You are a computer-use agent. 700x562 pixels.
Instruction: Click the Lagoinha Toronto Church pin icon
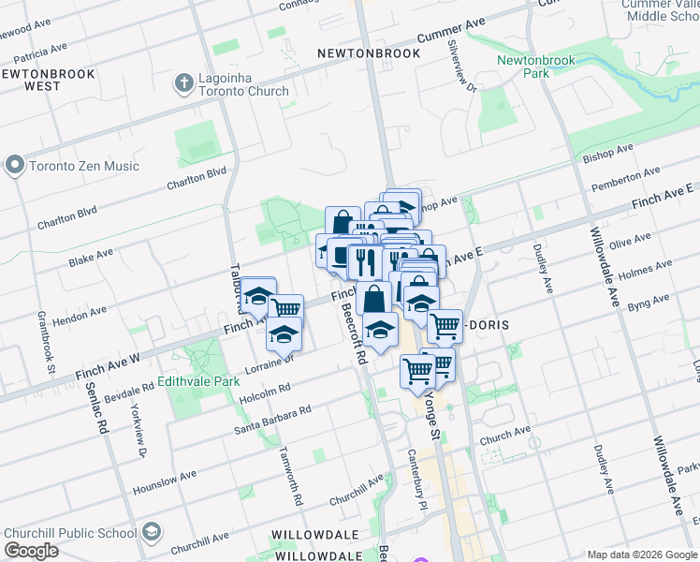click(x=183, y=84)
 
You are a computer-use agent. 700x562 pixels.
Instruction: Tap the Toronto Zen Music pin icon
click(x=14, y=166)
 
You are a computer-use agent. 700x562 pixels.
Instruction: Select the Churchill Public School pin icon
click(x=152, y=533)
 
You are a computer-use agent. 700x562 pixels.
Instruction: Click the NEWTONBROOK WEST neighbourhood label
click(x=31, y=79)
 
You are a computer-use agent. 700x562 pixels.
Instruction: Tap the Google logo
click(x=31, y=551)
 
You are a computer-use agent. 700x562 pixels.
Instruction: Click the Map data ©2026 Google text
click(x=642, y=555)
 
